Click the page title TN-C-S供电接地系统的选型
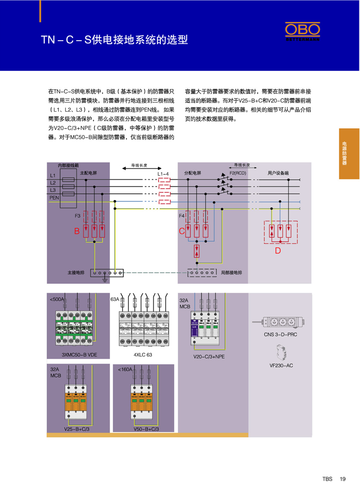[115, 40]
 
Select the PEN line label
[54, 197]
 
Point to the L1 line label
[52, 176]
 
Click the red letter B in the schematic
[77, 232]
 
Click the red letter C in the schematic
[182, 232]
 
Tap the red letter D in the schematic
[278, 251]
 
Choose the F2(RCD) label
[238, 173]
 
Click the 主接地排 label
[76, 273]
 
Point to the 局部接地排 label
[230, 273]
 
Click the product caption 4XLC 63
[142, 355]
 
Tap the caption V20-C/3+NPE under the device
[209, 356]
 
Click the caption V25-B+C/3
[77, 429]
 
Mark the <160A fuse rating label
[125, 369]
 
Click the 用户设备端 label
[278, 173]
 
